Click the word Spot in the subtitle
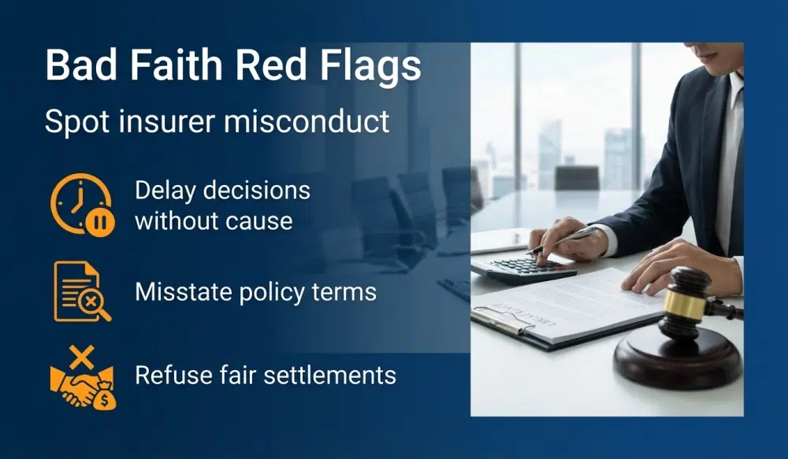73,121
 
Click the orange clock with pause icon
82,205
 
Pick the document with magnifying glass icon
81,292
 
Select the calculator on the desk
521,268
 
